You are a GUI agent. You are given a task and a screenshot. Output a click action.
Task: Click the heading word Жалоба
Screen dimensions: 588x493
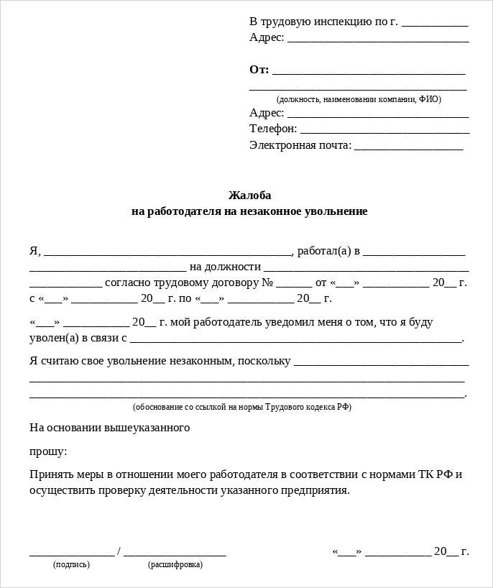point(249,196)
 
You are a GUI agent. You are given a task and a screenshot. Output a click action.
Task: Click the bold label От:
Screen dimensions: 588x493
point(259,70)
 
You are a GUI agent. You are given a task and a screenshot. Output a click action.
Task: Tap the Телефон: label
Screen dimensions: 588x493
point(273,129)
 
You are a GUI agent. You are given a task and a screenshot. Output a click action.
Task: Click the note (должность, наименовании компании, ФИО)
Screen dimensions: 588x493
point(359,99)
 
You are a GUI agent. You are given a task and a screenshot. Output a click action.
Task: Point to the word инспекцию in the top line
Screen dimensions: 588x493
point(341,21)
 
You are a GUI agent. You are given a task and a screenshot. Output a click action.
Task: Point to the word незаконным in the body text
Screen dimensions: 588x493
point(199,360)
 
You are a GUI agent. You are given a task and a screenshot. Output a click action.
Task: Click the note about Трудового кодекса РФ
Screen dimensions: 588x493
point(242,407)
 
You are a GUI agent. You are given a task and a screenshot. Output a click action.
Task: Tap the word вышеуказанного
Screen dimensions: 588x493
point(147,428)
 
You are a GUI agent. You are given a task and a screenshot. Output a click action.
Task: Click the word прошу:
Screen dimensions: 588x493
point(48,451)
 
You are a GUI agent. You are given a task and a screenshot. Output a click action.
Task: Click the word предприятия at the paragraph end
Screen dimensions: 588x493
point(315,490)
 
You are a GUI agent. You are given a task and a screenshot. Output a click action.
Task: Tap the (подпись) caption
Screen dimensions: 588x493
point(71,565)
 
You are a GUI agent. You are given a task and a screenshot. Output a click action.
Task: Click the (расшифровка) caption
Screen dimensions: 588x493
point(175,565)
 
